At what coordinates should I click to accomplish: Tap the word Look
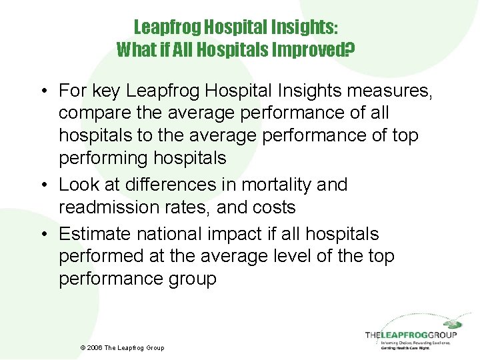click(79, 184)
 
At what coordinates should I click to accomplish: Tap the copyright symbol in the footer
click(82, 347)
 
